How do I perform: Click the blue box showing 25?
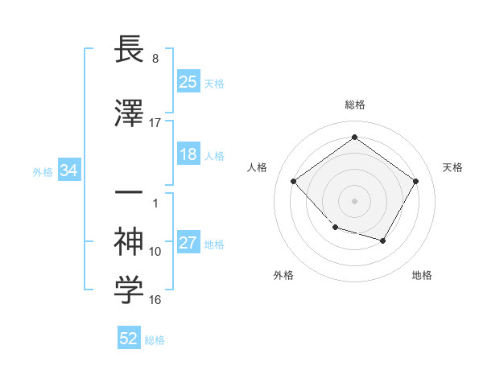point(188,81)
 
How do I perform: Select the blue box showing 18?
point(188,155)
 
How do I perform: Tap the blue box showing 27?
point(188,243)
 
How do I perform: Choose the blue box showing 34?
point(69,171)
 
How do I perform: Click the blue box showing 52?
point(129,339)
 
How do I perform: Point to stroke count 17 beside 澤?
point(155,123)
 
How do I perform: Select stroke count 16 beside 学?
point(155,300)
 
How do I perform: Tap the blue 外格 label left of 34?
point(43,171)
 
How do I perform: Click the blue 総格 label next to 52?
point(155,339)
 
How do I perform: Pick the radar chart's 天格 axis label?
point(452,167)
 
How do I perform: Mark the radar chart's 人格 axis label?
point(258,167)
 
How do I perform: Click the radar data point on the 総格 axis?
point(354,138)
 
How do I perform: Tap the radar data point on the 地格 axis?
point(383,240)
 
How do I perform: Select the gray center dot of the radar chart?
point(354,200)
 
